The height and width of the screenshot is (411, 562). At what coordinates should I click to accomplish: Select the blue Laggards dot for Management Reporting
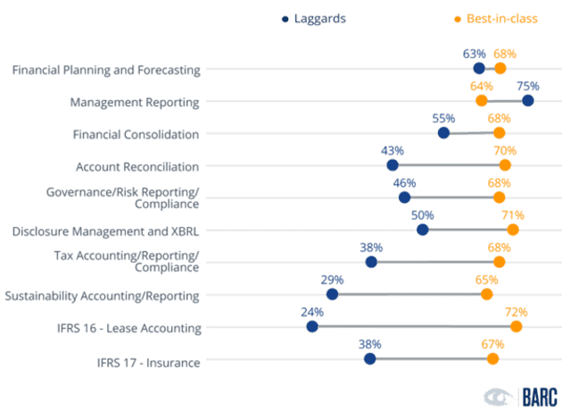click(528, 101)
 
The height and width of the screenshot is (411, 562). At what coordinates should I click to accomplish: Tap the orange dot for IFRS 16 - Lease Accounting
click(516, 326)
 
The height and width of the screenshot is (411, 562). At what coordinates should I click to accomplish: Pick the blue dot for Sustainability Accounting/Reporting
click(332, 294)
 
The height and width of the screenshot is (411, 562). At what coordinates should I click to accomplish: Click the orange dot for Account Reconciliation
click(505, 165)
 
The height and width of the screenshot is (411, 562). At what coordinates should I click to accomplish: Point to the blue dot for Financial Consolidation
click(443, 133)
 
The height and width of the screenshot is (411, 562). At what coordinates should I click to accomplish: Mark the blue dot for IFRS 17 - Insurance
click(369, 358)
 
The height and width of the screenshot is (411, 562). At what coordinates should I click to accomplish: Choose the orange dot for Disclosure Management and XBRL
click(512, 230)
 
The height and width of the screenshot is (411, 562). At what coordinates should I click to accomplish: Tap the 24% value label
click(311, 312)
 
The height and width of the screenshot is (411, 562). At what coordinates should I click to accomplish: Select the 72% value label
click(516, 312)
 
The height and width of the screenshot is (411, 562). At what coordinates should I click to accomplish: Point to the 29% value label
click(332, 279)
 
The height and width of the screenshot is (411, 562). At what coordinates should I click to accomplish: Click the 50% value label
click(422, 215)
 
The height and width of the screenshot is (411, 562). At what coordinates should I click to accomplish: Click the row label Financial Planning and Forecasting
click(106, 69)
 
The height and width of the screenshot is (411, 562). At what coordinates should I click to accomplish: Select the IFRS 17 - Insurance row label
click(148, 362)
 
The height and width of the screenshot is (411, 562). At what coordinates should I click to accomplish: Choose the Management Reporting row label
click(135, 101)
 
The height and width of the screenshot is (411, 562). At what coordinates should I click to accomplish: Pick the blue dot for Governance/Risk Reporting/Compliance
click(404, 197)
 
